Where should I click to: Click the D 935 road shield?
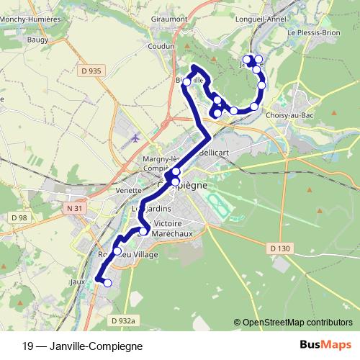pos(87,71)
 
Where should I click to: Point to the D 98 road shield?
pos(19,217)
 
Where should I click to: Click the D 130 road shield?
pos(282,248)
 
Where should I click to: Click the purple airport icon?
pos(137,137)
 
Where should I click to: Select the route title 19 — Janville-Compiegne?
pos(83,346)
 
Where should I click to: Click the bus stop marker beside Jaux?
pos(107,283)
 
